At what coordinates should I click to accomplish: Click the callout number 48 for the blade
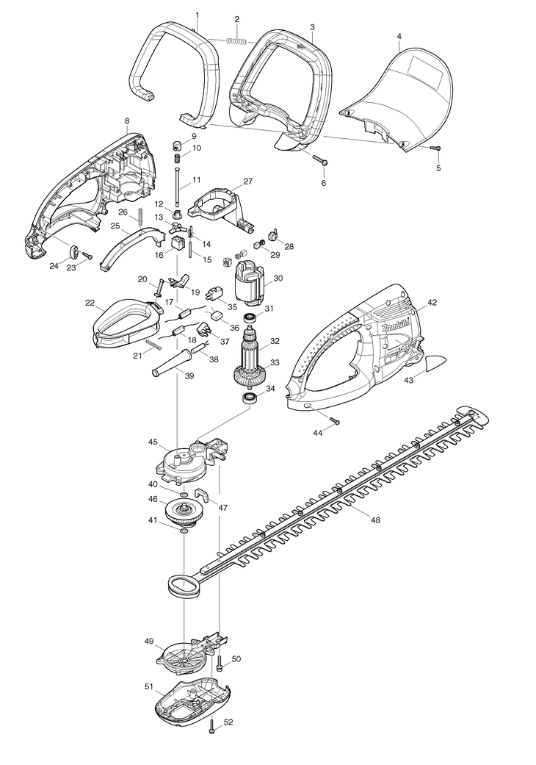[x=374, y=520]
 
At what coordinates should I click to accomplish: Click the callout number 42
[x=432, y=303]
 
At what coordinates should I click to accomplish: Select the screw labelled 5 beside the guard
[x=435, y=148]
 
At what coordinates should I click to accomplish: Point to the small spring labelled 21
[x=154, y=344]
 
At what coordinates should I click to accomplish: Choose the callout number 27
[x=248, y=182]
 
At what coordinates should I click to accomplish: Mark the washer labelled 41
[x=184, y=531]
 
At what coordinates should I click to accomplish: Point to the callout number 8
[x=127, y=121]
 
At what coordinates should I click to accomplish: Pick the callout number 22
[x=89, y=303]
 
